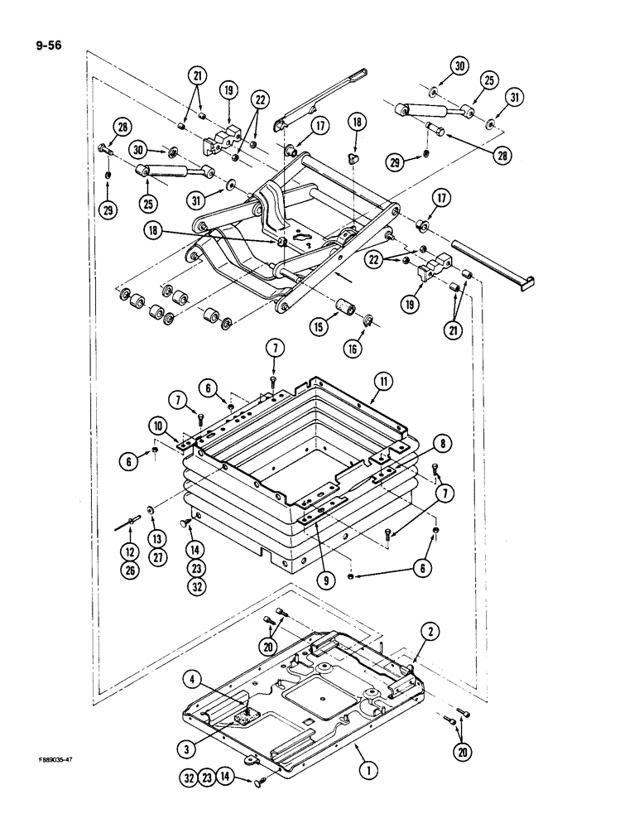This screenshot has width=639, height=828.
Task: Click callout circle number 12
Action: click(x=128, y=549)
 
